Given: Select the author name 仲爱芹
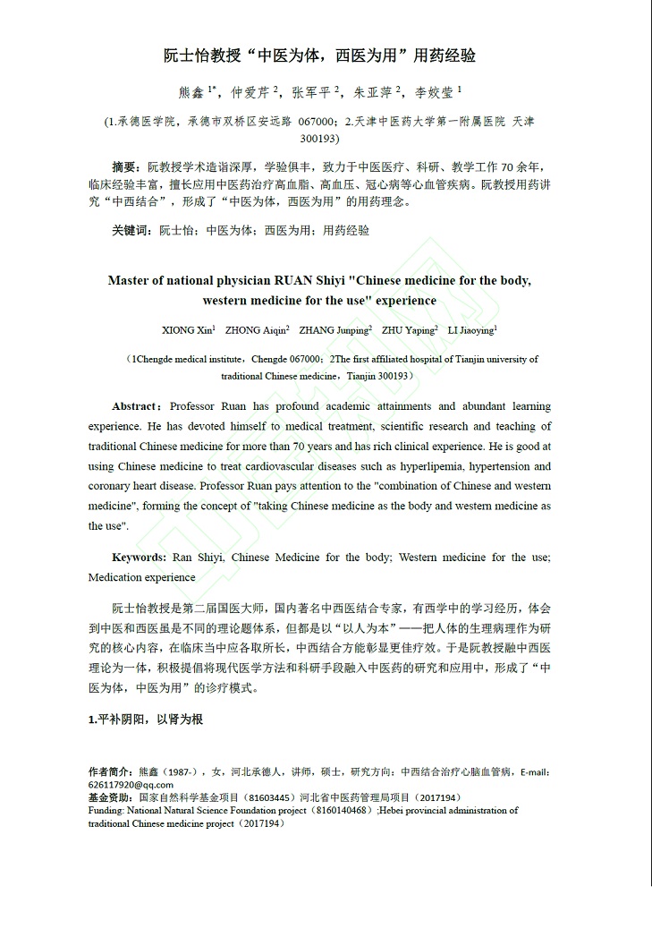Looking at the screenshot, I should click(250, 91).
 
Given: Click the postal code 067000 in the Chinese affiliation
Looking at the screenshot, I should click(317, 121).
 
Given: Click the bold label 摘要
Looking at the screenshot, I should click(124, 167).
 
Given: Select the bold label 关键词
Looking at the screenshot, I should click(131, 230).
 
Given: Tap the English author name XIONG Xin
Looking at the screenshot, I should click(186, 330).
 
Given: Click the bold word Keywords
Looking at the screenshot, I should click(139, 558).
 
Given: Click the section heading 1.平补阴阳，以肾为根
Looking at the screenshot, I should click(146, 718).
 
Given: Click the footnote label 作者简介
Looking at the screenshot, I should click(109, 771).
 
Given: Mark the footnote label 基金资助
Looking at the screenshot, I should click(109, 797).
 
